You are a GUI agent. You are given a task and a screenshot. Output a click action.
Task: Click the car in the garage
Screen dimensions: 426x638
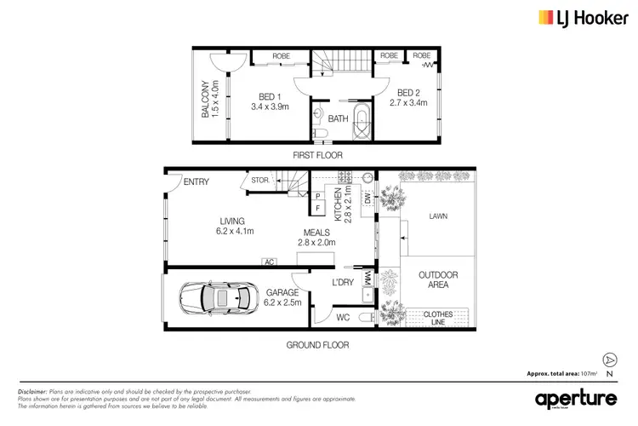[x=219, y=299]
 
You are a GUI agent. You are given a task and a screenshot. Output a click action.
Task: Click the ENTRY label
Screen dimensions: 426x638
[x=197, y=181]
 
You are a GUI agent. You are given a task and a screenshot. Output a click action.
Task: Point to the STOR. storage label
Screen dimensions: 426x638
[x=259, y=180]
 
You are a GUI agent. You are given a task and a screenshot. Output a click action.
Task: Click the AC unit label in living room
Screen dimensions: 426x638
[x=270, y=262]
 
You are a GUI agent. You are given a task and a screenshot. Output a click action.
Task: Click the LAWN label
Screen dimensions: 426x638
[x=439, y=216]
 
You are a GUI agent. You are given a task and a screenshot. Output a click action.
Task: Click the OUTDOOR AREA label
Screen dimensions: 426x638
[x=438, y=280]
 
